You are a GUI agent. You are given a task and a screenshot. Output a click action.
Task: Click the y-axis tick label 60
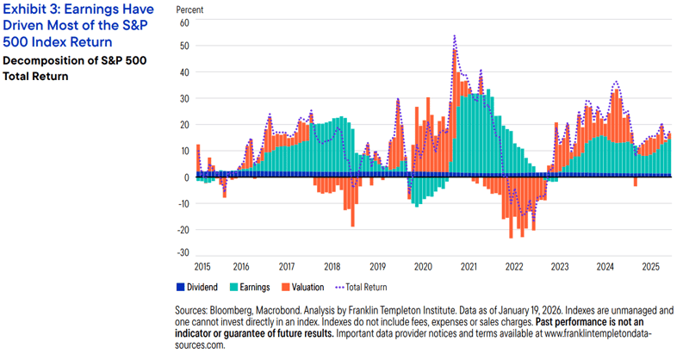pos(183,22)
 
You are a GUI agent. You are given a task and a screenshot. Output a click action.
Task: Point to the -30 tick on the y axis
pos(182,252)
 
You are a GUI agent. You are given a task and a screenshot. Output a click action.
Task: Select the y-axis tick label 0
pos(185,177)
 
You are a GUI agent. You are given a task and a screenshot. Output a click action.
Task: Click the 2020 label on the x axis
pos(424,267)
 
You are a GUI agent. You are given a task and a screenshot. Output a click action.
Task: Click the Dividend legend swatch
pos(181,287)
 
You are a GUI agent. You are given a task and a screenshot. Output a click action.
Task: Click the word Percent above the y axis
pos(190,9)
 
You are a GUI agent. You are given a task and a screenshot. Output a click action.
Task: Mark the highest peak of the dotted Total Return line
pos(454,36)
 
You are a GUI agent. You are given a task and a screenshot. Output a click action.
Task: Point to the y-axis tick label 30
pos(183,98)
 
